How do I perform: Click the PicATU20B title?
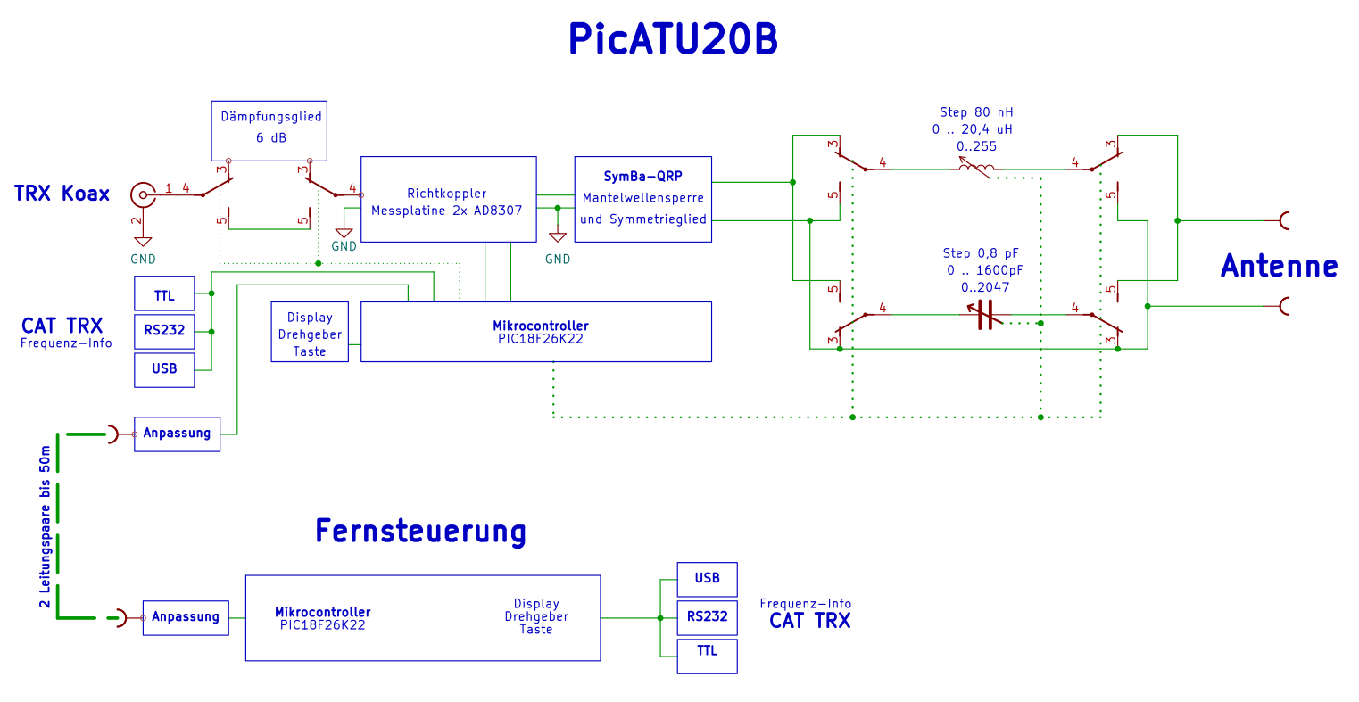[673, 39]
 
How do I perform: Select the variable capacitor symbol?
[984, 315]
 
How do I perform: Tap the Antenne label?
[1279, 266]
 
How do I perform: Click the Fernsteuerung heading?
[420, 531]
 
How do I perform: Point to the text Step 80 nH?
[976, 112]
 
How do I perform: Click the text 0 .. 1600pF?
[984, 270]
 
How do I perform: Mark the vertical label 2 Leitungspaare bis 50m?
[45, 527]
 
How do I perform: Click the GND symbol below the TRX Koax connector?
[143, 241]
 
